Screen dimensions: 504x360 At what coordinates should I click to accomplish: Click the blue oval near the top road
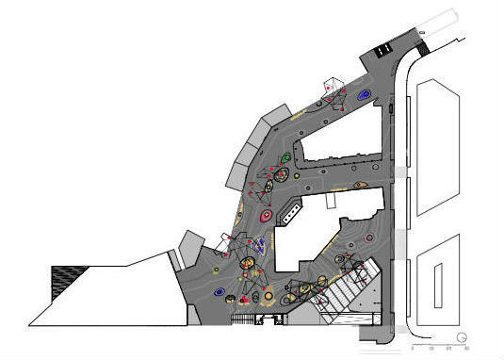(364, 93)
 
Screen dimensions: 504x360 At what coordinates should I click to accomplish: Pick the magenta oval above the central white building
(266, 216)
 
